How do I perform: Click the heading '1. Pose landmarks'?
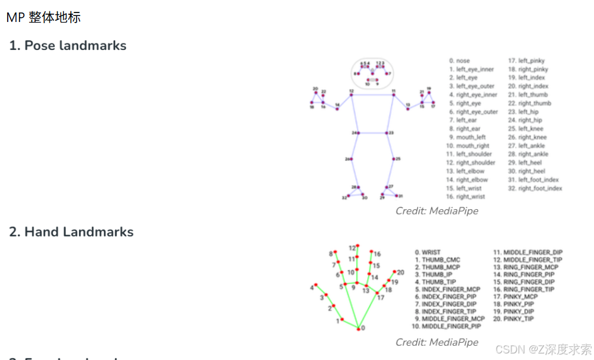tap(68, 46)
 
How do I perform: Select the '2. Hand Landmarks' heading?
tap(71, 232)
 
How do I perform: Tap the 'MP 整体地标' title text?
tap(43, 17)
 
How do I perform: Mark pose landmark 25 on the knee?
tap(393, 159)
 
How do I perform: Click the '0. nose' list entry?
tap(460, 61)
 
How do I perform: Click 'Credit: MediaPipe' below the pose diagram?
tap(437, 211)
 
